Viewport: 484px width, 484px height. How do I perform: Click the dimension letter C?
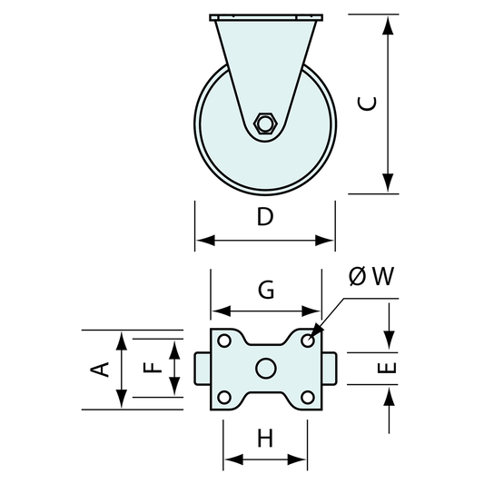click(x=367, y=104)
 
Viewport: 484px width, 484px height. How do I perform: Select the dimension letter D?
click(x=265, y=216)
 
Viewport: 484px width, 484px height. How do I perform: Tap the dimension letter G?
click(x=266, y=290)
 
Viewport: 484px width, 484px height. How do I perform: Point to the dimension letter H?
click(x=265, y=438)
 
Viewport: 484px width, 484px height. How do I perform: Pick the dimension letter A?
click(x=99, y=370)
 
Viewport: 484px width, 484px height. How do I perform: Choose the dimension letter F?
click(x=153, y=369)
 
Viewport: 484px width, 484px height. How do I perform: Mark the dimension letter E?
click(x=387, y=369)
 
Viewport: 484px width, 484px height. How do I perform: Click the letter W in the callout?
click(x=382, y=276)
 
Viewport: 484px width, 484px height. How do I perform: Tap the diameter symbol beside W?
click(x=358, y=276)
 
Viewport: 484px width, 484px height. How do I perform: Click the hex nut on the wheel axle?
click(x=264, y=123)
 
